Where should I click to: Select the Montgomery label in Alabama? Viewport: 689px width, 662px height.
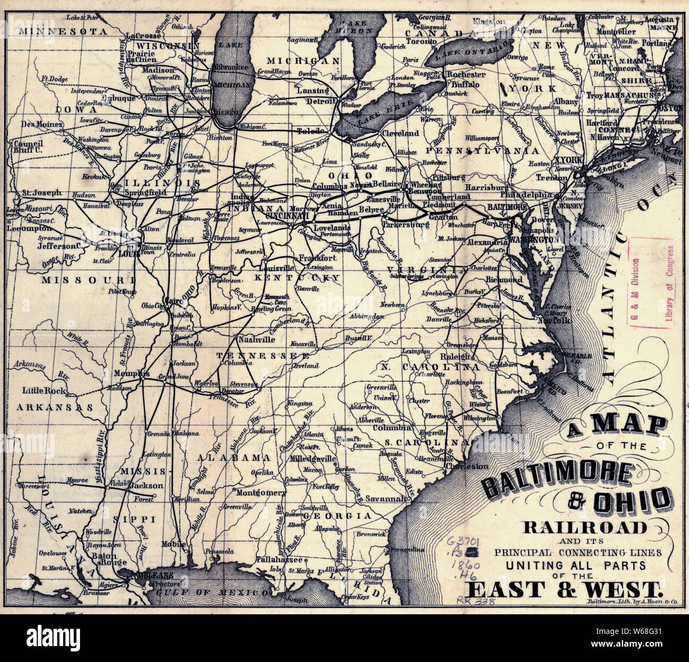261,492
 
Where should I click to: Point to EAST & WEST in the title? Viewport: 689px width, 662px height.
565,589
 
